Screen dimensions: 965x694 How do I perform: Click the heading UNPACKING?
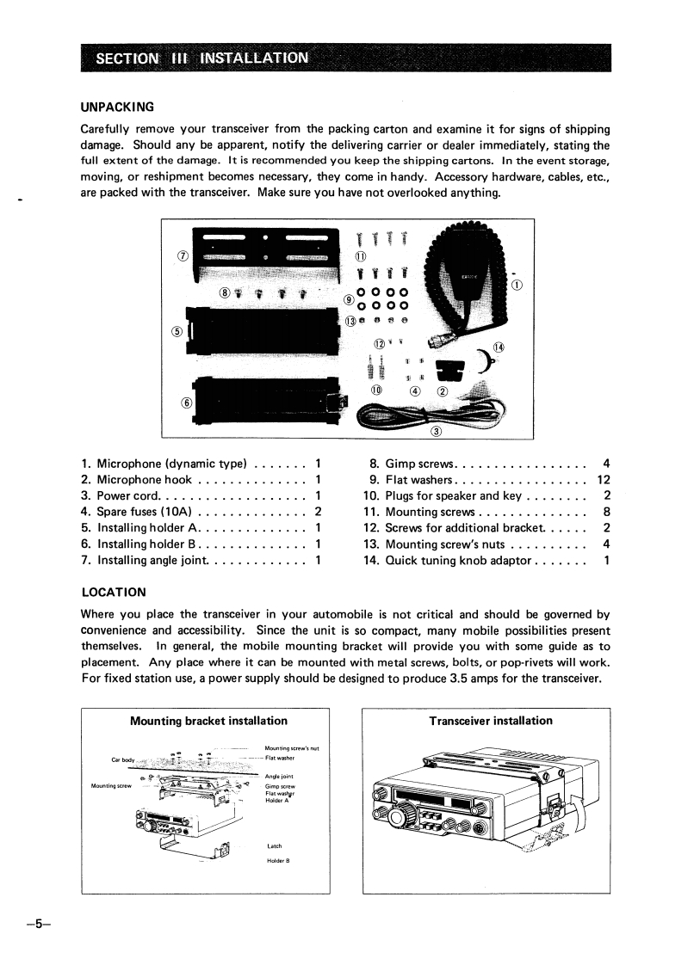(x=117, y=108)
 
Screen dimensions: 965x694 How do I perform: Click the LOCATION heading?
(x=113, y=593)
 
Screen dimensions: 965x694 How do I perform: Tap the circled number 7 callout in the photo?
(x=183, y=256)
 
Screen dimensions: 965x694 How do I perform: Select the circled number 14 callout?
(x=499, y=347)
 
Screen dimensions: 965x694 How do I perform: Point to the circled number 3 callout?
(x=435, y=431)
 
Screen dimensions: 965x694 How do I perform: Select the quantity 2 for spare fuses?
(x=319, y=512)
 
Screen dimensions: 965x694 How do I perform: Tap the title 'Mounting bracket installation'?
(x=208, y=721)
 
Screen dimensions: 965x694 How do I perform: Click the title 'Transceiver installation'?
(x=491, y=721)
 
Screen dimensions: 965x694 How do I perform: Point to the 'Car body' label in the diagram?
(x=123, y=759)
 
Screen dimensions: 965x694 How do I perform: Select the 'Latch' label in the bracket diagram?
(x=275, y=845)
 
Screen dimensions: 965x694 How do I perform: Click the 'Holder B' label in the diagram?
(x=278, y=860)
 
